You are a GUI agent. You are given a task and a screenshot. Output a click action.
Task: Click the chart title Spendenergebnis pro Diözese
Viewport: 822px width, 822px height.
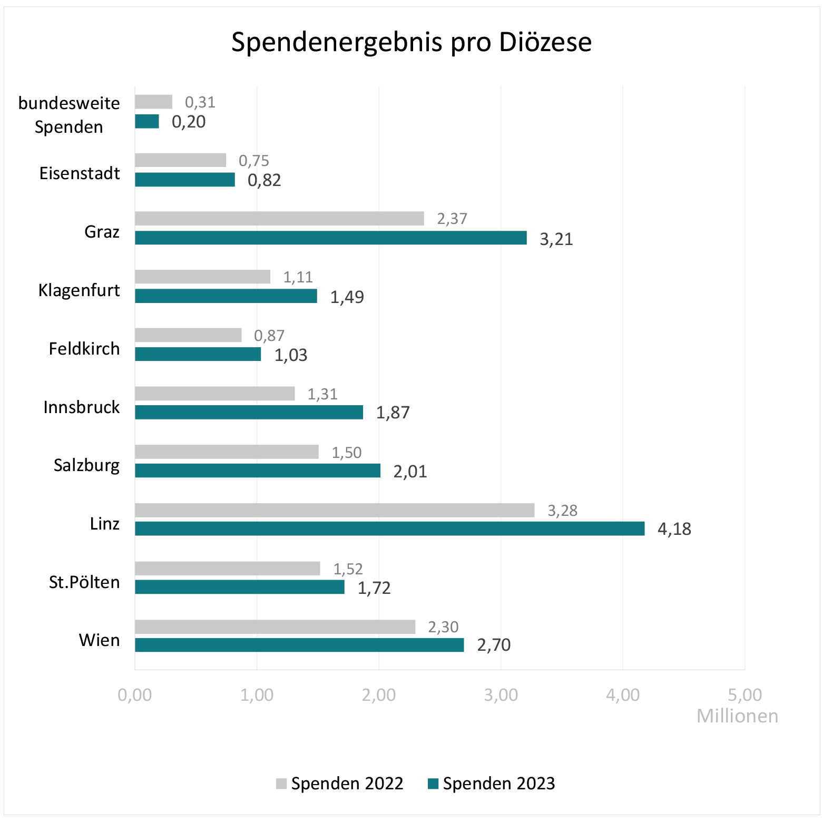tap(411, 42)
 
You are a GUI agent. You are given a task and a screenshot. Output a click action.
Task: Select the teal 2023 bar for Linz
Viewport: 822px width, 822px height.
tap(389, 529)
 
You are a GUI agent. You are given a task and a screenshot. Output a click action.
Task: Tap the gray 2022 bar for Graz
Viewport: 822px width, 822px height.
tap(279, 218)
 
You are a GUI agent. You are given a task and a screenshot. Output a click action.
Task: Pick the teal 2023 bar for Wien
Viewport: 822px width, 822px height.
tap(299, 645)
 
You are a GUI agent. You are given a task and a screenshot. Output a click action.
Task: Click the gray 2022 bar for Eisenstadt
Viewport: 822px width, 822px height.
tap(180, 160)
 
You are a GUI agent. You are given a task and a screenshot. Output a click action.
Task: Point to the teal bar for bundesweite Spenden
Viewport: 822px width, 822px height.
tap(146, 121)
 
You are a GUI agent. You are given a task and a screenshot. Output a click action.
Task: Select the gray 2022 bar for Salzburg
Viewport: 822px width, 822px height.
tap(227, 452)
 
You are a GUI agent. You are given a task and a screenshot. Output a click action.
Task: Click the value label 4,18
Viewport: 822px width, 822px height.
tap(674, 529)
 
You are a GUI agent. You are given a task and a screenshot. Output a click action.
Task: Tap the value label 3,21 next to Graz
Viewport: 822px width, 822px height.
tap(556, 239)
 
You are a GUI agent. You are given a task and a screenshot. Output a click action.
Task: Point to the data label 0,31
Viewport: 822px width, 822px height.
tap(200, 102)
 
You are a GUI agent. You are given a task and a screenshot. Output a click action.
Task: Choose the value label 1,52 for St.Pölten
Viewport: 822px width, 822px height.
tap(348, 569)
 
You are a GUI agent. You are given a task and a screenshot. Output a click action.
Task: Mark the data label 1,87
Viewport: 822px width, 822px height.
tap(393, 413)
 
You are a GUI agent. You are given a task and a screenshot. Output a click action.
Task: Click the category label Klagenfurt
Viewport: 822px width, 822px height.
tap(79, 290)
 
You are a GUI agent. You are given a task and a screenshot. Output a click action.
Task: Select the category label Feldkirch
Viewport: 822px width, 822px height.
tap(84, 349)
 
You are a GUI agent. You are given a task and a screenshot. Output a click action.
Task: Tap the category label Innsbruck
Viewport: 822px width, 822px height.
tap(82, 407)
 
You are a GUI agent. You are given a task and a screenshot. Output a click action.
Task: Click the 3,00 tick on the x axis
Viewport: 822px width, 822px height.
tap(501, 695)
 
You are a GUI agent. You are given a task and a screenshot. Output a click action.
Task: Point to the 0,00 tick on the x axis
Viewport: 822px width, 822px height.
tap(135, 695)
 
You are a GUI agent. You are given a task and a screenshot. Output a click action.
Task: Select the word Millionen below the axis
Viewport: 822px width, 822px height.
tap(737, 716)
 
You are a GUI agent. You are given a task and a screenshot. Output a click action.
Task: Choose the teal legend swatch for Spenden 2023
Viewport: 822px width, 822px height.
tap(433, 784)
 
